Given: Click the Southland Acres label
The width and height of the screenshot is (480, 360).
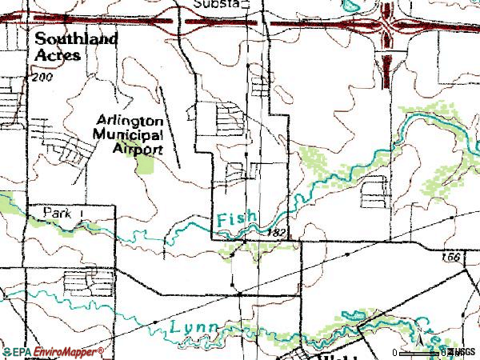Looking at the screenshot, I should coord(76,46).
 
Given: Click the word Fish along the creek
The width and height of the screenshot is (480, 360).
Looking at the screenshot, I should coord(236,218).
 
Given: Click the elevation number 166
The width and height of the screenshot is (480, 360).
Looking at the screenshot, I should coord(453,258).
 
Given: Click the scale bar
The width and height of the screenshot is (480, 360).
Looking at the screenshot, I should coord(419,353).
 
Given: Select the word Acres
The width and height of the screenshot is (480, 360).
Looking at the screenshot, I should coord(57,55).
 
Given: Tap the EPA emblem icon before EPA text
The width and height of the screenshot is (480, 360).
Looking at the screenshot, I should coord(7,352).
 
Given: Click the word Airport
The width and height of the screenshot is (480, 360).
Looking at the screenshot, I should coord(140,149).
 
